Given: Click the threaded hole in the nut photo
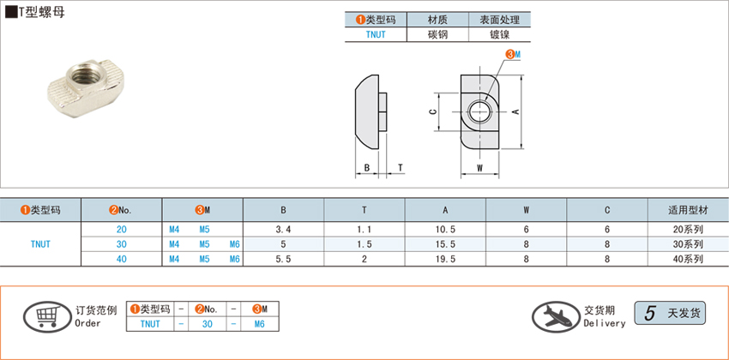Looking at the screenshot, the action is tap(85, 75).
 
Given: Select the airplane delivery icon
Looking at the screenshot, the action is tap(556, 316).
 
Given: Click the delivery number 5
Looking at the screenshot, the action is tap(650, 314).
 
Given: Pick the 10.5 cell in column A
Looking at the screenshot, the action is tap(445, 230).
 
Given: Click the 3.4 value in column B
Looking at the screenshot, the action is tap(283, 230).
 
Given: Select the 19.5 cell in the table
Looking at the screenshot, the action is tap(445, 259).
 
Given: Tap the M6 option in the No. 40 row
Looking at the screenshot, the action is tap(235, 259).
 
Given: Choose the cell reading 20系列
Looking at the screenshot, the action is tap(689, 230).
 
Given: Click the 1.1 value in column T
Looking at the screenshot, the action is tap(364, 230).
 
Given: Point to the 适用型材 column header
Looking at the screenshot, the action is tap(688, 210).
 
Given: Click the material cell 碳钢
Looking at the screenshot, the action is tap(437, 34).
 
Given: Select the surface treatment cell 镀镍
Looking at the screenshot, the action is tap(499, 34).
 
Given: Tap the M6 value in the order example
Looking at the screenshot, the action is tap(259, 324).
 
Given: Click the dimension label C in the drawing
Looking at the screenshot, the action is tap(432, 112).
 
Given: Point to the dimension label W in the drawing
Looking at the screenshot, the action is tap(479, 168).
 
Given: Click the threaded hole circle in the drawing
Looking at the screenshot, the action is tap(479, 112).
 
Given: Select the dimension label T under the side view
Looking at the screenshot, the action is tap(401, 168).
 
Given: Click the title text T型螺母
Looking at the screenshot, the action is tap(42, 13).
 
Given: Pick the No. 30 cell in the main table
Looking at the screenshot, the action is tap(121, 244).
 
